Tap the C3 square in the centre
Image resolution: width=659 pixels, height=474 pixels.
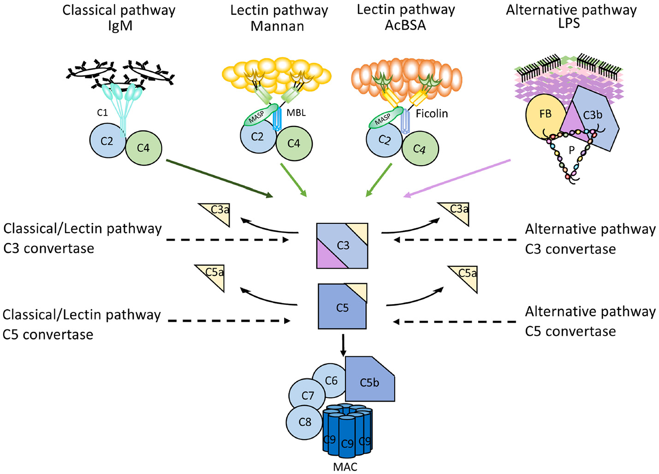[342, 246]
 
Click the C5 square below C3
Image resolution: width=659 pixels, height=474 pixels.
[342, 307]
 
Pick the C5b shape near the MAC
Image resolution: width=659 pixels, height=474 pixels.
[369, 381]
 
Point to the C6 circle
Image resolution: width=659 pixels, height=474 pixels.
[330, 380]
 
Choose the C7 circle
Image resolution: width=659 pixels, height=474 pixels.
[307, 396]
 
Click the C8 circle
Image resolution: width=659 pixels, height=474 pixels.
[305, 422]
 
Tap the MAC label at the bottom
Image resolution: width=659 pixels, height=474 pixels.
[345, 467]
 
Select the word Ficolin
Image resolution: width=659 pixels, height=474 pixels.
[432, 114]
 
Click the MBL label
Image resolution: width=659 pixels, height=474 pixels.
[296, 113]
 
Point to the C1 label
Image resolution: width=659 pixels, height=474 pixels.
[102, 113]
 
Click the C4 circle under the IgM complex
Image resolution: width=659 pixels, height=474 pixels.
[143, 148]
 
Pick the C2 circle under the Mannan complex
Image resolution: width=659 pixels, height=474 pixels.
[257, 137]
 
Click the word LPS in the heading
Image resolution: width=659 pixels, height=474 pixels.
[569, 24]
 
